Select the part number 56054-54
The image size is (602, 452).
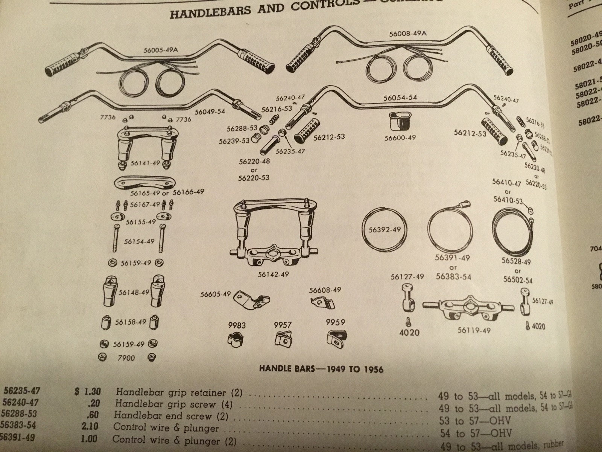point(400,98)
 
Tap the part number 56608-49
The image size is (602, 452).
point(325,290)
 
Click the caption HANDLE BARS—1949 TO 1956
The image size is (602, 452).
point(321,369)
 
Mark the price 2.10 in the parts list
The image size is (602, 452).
point(89,428)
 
